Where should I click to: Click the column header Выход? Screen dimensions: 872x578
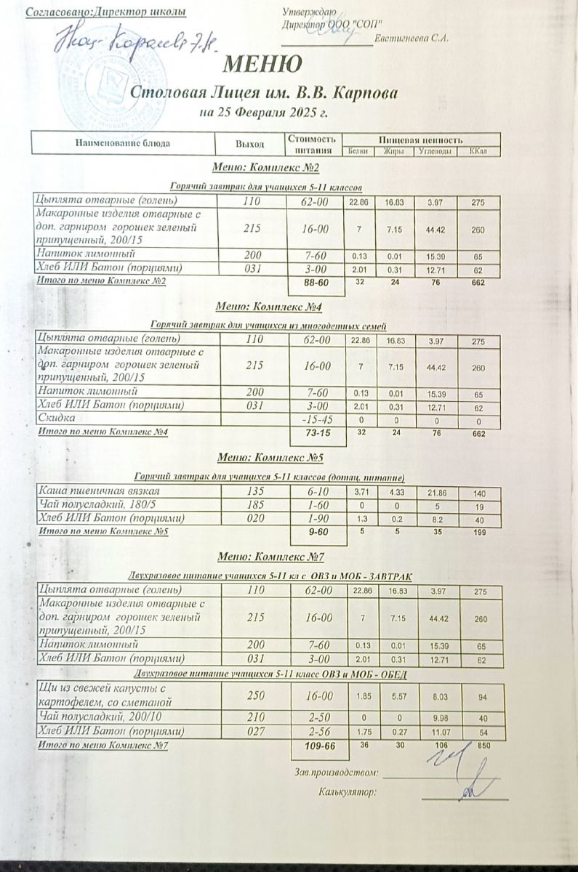tap(248, 143)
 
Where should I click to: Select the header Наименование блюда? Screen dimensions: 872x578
tap(123, 143)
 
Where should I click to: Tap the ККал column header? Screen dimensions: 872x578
tap(478, 151)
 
